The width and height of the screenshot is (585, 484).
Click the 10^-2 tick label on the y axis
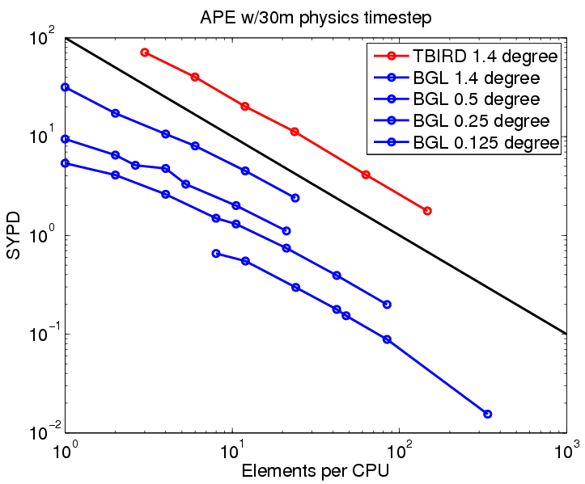tap(41, 431)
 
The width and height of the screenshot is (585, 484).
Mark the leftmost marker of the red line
tap(145, 53)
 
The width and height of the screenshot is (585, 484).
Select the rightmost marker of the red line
tap(427, 211)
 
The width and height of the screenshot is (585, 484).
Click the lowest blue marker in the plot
tap(487, 414)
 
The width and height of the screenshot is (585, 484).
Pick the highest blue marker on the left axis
tap(65, 87)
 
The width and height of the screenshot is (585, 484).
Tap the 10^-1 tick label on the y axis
tap(41, 332)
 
